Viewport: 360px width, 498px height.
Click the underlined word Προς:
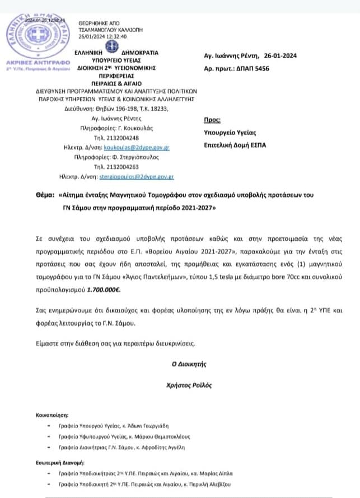coord(213,119)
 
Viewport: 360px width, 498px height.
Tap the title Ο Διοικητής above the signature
coord(189,364)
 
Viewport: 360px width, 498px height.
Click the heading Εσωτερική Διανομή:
coord(59,463)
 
